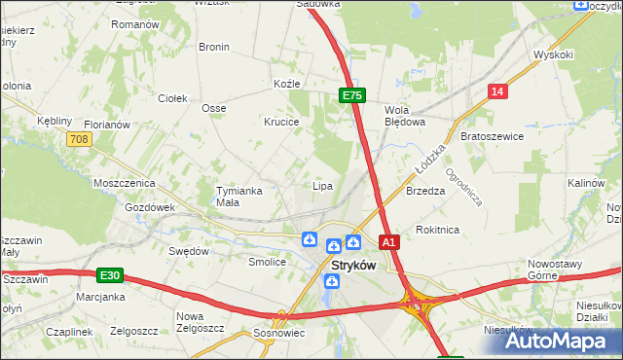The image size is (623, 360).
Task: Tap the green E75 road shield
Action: click(351, 95)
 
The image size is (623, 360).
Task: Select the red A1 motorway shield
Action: click(388, 241)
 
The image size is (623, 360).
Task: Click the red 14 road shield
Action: click(498, 91)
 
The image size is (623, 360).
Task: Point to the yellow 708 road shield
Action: click(80, 140)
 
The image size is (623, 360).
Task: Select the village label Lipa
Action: click(322, 186)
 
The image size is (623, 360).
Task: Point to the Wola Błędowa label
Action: click(406, 116)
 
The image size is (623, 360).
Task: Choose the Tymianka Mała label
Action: click(239, 197)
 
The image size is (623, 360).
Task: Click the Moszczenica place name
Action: click(125, 183)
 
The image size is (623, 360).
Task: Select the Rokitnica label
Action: click(437, 230)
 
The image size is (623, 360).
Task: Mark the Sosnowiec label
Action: click(280, 334)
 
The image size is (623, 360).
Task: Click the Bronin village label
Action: click(213, 47)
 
